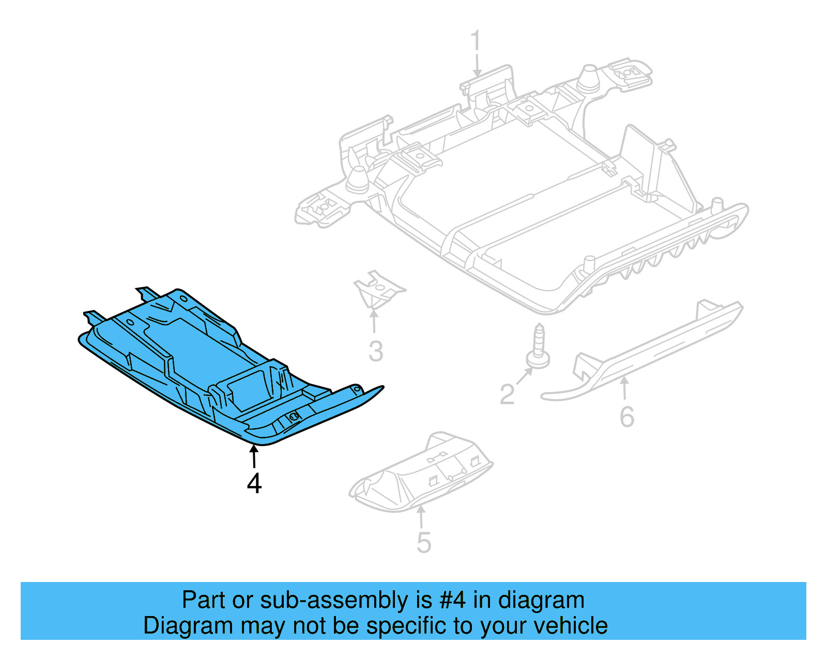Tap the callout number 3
click(x=376, y=351)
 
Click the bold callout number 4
click(x=254, y=483)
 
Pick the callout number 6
click(x=627, y=417)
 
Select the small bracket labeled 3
click(x=379, y=290)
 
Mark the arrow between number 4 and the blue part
click(x=254, y=457)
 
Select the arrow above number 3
click(x=374, y=321)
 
